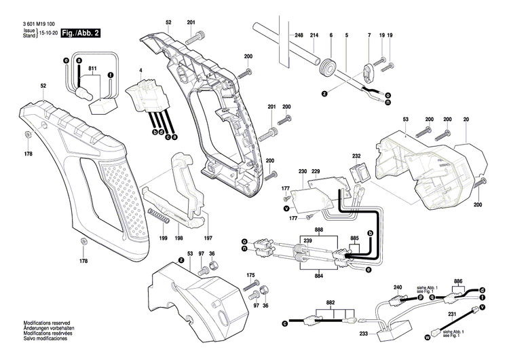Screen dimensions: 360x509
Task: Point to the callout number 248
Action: [299, 35]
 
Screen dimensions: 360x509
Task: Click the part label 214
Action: [314, 35]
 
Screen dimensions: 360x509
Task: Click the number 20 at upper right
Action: [466, 119]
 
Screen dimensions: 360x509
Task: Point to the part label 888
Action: [319, 232]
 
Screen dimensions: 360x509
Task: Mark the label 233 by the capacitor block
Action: [363, 334]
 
